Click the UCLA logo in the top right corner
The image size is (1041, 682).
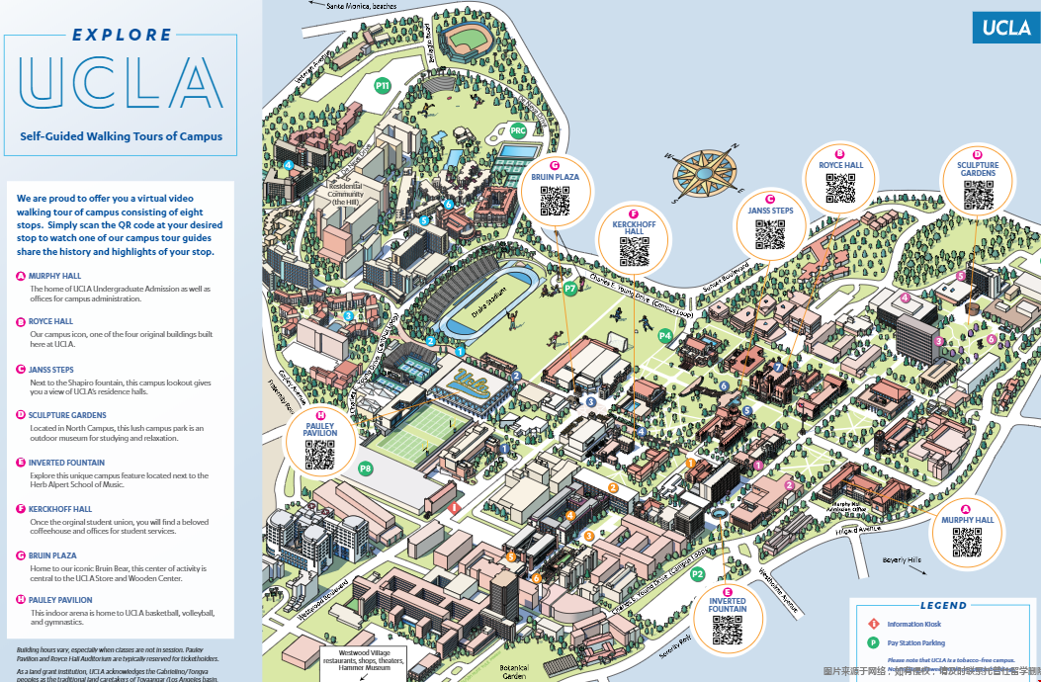pyautogui.click(x=1006, y=29)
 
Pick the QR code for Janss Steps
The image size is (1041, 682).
pyautogui.click(x=769, y=234)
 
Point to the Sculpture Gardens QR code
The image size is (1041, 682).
pyautogui.click(x=978, y=196)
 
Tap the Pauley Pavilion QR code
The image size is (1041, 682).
pyautogui.click(x=319, y=454)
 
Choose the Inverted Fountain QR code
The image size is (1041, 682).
pyautogui.click(x=727, y=630)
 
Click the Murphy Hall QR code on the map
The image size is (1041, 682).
pyautogui.click(x=967, y=543)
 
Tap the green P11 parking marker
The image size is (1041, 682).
pyautogui.click(x=383, y=86)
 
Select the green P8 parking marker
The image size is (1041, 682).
pyautogui.click(x=366, y=469)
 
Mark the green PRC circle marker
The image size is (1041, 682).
pyautogui.click(x=518, y=130)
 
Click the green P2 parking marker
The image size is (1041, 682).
pyautogui.click(x=698, y=574)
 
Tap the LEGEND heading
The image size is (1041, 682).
pyautogui.click(x=943, y=606)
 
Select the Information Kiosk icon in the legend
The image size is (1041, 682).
pyautogui.click(x=873, y=625)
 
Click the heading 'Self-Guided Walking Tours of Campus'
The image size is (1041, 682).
pyautogui.click(x=121, y=136)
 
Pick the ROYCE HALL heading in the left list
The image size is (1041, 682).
pyautogui.click(x=50, y=321)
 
